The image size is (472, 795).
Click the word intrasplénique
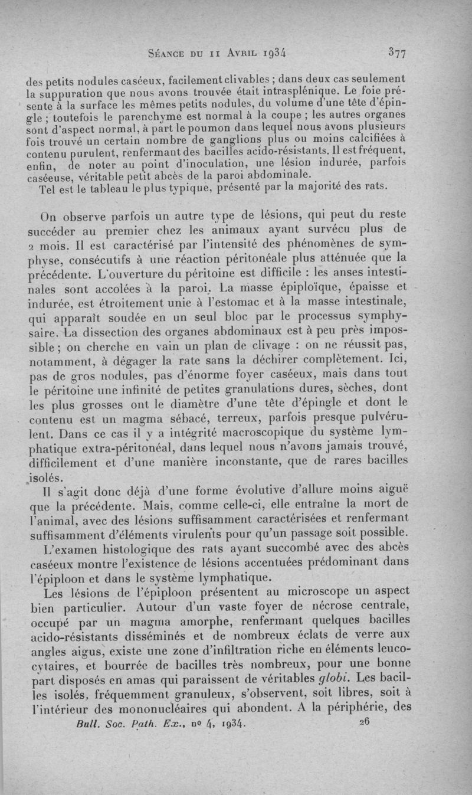point(317,93)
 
